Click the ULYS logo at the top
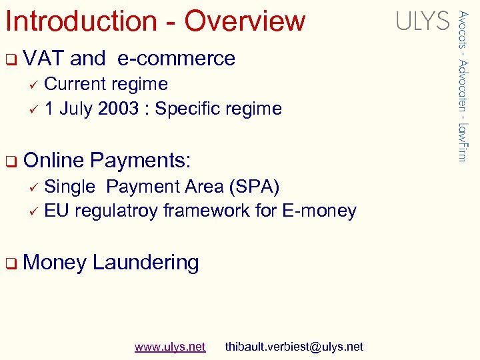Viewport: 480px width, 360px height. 423,21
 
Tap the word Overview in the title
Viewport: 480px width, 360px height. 245,21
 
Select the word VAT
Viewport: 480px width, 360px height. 43,59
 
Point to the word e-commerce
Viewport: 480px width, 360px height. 176,59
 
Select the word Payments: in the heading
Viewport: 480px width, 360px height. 141,161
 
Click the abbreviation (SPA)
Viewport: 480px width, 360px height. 254,187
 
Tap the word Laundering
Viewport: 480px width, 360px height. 145,263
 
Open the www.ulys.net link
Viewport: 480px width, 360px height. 170,347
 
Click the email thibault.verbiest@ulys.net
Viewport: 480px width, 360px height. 294,347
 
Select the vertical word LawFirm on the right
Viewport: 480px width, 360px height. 462,141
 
